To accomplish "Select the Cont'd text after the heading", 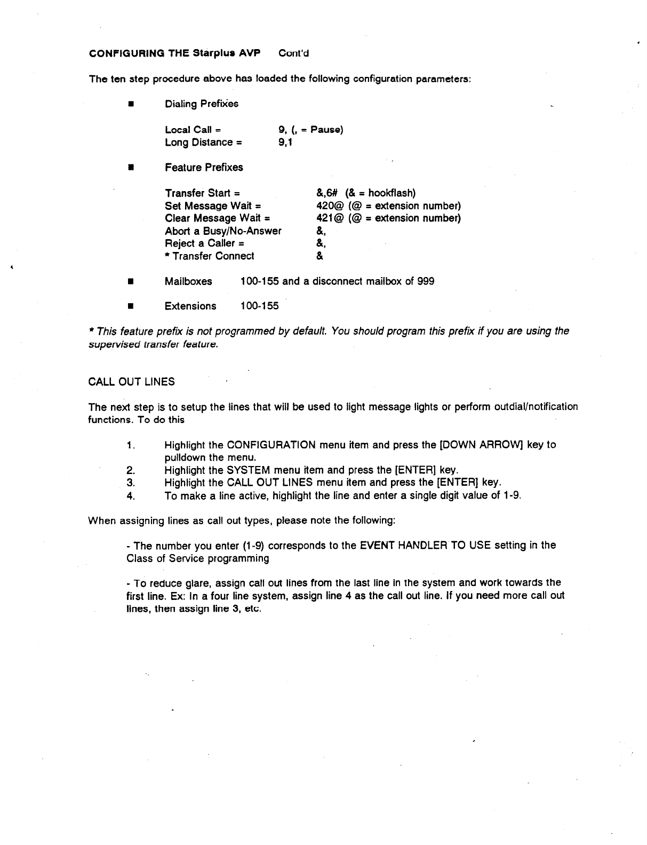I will [x=294, y=53].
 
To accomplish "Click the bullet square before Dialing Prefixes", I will [x=130, y=104].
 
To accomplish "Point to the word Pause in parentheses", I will [x=326, y=130].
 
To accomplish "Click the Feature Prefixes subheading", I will [x=204, y=168].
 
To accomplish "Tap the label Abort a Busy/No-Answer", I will [x=223, y=231].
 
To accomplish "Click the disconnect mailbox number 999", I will [x=425, y=281].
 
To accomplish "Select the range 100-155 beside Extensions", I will [x=259, y=306].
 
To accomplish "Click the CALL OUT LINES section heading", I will [x=131, y=382].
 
